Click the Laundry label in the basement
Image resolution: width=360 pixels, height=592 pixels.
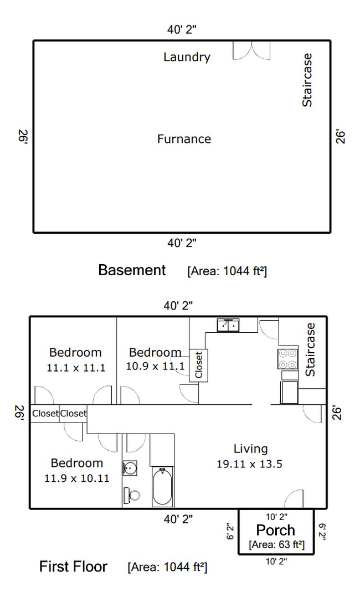point(187,57)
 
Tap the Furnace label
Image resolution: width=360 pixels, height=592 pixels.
point(184,139)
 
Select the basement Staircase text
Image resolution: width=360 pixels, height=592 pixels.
point(307,80)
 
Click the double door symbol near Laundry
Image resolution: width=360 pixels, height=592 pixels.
point(251,50)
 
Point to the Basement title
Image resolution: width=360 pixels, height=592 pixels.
point(132,270)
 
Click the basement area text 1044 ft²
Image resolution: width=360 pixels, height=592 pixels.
point(227,271)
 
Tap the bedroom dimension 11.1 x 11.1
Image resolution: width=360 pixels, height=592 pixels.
point(76,367)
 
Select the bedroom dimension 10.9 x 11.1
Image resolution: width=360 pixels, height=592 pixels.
point(155,366)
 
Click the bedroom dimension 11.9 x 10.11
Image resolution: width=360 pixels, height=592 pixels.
point(76,478)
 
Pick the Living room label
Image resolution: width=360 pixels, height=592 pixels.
point(250,449)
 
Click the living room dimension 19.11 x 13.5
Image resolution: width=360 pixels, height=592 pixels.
point(249,464)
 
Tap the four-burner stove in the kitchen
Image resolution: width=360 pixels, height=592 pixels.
point(288,359)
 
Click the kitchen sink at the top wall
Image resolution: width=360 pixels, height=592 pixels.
point(228,325)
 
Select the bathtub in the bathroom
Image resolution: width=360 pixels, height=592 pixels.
point(162,487)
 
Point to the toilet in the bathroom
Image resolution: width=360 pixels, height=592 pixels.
point(132,494)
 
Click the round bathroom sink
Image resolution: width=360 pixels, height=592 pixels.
point(130,468)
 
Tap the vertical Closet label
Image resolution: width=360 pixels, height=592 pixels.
point(199,365)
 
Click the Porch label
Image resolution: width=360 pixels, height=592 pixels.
point(275,530)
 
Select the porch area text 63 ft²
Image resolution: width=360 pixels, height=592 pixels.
point(277,545)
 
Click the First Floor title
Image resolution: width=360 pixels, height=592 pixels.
point(73,567)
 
